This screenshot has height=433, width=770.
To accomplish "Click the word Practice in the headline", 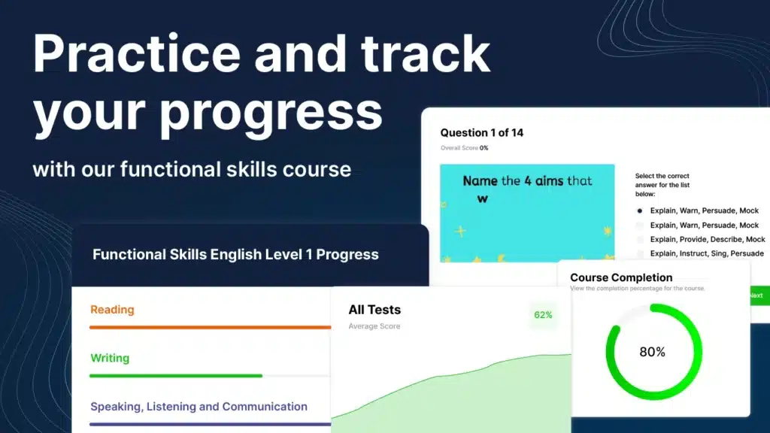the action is coord(137,53).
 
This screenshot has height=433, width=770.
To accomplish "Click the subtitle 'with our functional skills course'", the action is coord(192,169).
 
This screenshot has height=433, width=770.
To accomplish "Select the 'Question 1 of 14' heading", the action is coord(482,132).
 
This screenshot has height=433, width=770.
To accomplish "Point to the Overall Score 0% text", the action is coord(464,148).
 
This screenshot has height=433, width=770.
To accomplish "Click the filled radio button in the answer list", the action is coord(639,211).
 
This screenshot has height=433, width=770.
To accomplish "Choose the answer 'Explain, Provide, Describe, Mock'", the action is coord(708,239).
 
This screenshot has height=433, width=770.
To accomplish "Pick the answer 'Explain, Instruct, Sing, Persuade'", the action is coord(707,253).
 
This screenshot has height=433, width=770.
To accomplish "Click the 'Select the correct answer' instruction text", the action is coord(662,185).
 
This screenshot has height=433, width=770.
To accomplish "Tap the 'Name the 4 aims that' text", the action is coord(527,180).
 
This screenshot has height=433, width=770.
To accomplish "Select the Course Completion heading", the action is coord(621,277).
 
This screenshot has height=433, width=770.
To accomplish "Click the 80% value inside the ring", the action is coord(652,352).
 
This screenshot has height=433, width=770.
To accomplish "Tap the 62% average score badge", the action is coord(543,315).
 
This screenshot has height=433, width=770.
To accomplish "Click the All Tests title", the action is coord(374,310).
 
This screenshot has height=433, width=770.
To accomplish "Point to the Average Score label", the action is coord(374,326).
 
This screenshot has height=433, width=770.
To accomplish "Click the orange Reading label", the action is coord(112,310).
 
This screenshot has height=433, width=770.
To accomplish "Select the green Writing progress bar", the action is coord(176,376).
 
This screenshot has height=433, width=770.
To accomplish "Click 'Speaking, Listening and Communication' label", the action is coord(199,407).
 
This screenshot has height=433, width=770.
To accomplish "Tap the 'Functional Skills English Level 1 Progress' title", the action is coord(235,254).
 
